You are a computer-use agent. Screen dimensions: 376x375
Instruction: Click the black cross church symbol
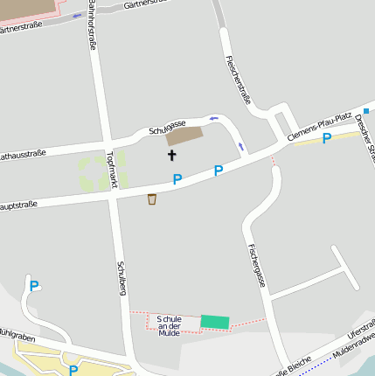171,156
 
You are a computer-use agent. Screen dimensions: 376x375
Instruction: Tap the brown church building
184,136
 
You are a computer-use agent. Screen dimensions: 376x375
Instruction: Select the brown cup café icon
152,199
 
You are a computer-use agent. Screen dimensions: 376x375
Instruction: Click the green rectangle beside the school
214,322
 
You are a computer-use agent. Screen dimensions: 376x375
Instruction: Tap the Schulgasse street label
169,129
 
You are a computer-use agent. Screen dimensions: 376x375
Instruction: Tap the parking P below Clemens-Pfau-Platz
326,138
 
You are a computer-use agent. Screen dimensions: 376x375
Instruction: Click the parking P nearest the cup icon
177,179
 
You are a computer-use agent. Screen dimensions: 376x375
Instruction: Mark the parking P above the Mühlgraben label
34,285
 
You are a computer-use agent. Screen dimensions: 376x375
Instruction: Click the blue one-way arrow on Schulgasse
213,118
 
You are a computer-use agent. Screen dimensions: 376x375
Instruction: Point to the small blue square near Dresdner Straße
366,111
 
